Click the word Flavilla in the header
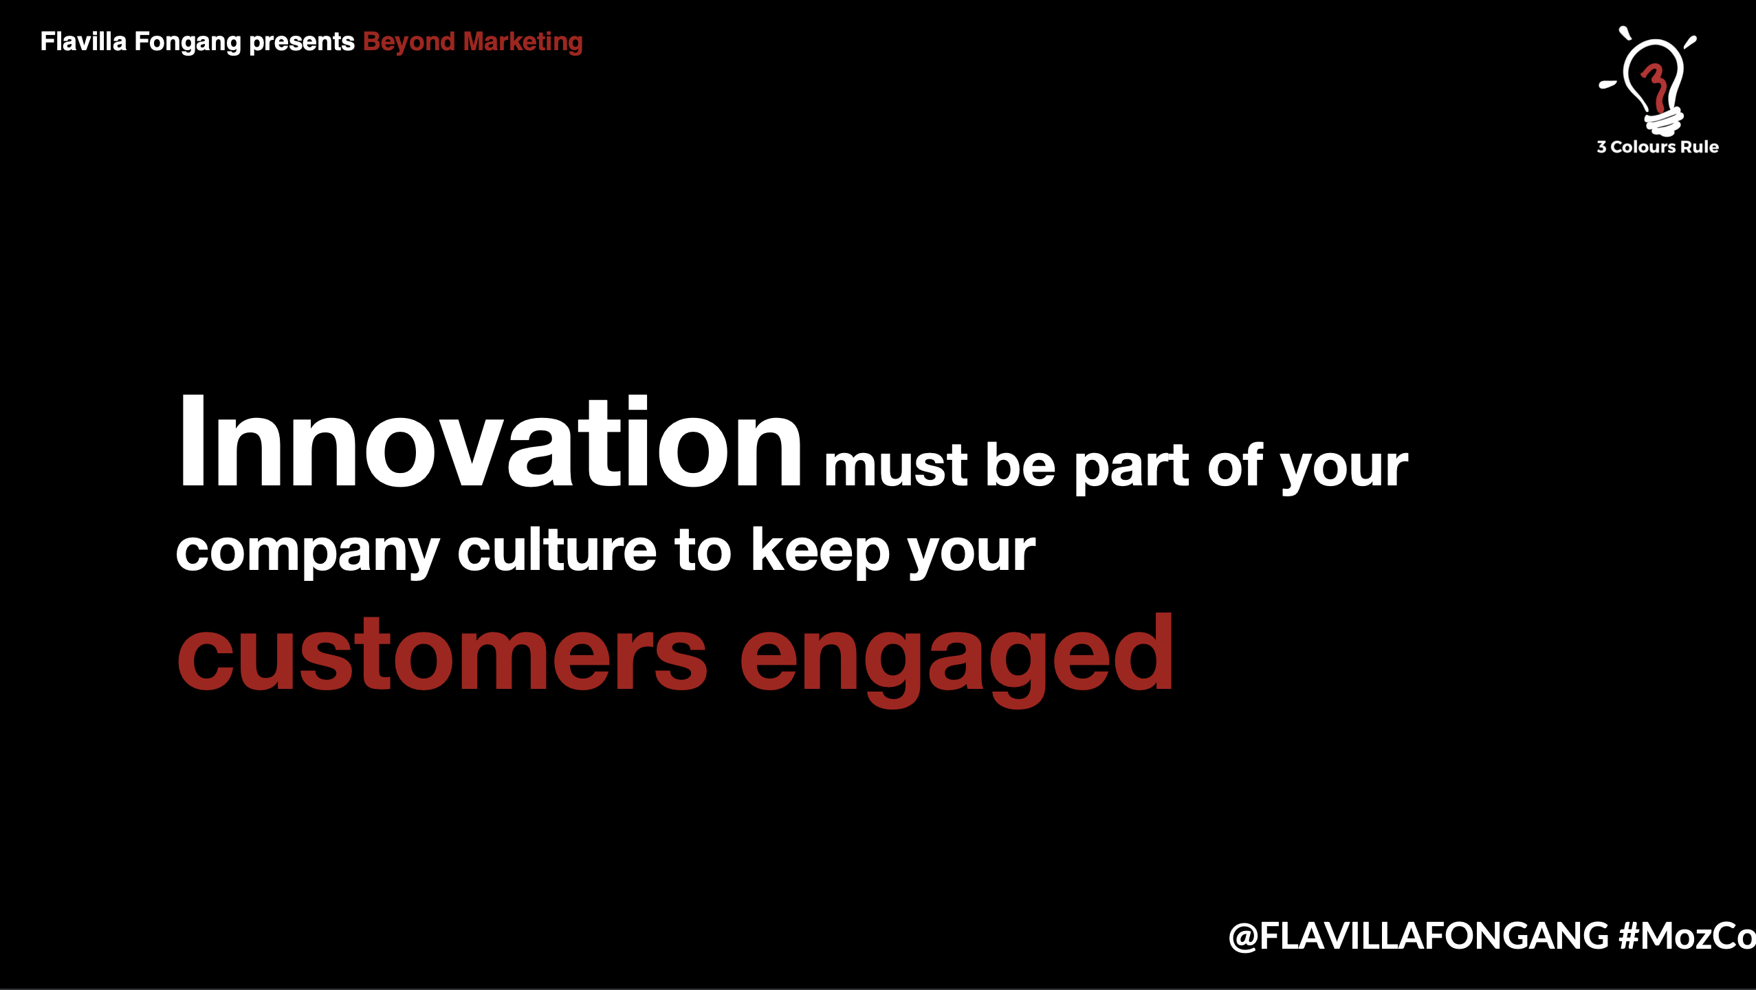coord(83,41)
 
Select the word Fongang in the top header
coord(188,43)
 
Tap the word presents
coord(302,43)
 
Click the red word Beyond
coord(409,43)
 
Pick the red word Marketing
coord(523,43)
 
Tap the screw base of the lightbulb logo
coord(1663,122)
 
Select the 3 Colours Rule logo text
coord(1658,146)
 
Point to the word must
coord(896,466)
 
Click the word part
coord(1132,467)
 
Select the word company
coord(307,551)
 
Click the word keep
coord(821,551)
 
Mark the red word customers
coord(442,654)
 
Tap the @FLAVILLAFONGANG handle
coord(1418,936)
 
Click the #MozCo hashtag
coord(1687,936)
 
